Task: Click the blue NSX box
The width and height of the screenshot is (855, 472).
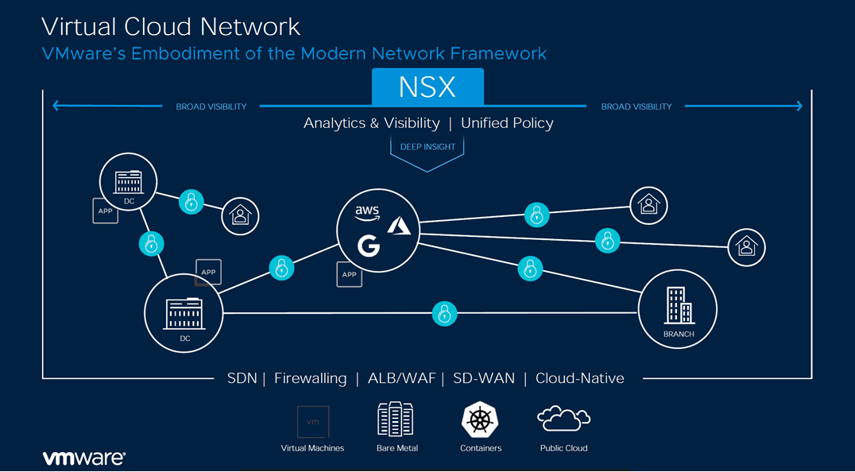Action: pos(427,87)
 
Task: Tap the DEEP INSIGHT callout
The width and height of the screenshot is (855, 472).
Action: pos(427,147)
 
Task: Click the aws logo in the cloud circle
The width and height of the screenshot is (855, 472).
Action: pos(367,212)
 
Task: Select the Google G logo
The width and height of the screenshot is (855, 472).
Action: pos(368,246)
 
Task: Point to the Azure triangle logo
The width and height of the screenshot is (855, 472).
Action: pos(399,227)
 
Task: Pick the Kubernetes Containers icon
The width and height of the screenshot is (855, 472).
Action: pos(480,420)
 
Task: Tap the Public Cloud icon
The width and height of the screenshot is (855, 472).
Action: pos(563,419)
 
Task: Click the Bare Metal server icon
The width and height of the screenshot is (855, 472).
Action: pos(397,420)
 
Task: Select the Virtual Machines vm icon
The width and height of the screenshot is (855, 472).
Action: pos(312,422)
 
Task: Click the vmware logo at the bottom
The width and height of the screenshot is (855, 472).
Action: pos(83,458)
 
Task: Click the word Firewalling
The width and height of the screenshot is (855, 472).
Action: pos(310,378)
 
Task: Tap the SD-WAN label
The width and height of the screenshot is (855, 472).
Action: pos(483,378)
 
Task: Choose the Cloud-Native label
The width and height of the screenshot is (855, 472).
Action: pos(579,378)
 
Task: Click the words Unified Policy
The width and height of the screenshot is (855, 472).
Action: pos(507,123)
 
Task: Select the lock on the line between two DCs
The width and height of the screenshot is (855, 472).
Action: pos(151,243)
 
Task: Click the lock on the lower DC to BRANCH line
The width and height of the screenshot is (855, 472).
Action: pos(444,314)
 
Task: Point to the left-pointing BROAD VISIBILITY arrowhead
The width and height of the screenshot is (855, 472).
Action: pos(56,106)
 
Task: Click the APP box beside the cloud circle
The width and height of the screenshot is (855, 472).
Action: pos(349,274)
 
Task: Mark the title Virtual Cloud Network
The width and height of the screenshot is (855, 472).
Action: pos(171,26)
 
